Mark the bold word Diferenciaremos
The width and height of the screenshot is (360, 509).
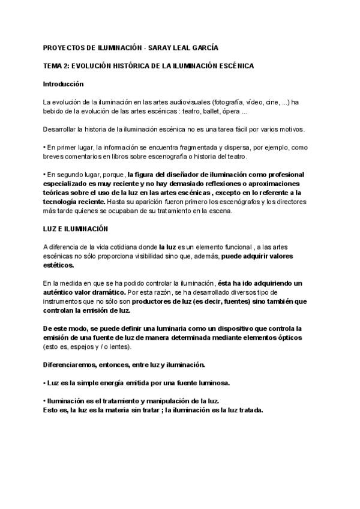(x=71, y=364)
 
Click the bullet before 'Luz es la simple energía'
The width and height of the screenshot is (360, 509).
(x=45, y=382)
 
